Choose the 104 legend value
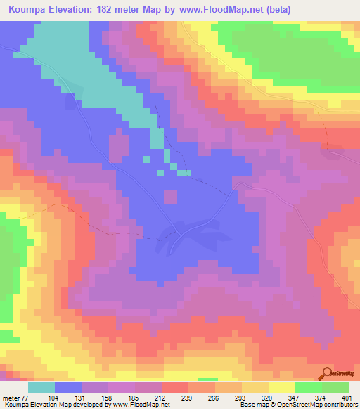coord(53,398)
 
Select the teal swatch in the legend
coord(41,387)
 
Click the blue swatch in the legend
coord(68,387)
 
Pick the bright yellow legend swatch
coord(281,387)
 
